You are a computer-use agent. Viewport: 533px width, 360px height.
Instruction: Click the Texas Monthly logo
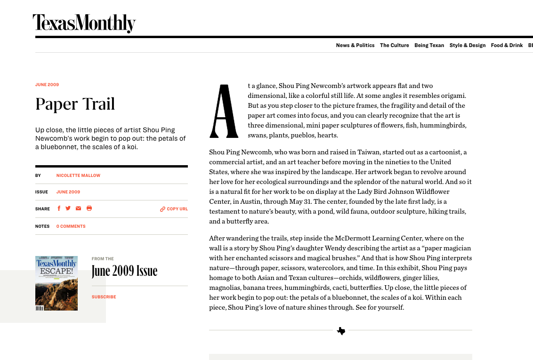coord(84,23)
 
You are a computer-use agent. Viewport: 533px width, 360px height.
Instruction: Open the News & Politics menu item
coord(355,46)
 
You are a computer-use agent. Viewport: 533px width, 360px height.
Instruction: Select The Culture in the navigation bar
coord(394,46)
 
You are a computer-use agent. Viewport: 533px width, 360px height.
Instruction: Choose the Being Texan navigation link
coord(429,46)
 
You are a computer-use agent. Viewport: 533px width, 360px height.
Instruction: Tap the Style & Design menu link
coord(467,46)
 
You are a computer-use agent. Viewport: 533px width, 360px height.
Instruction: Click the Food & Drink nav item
coord(507,46)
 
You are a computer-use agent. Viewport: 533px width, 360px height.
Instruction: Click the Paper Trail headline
coord(75,104)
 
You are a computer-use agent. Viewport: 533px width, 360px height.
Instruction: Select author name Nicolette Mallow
coord(78,176)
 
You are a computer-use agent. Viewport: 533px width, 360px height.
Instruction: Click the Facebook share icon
coord(59,208)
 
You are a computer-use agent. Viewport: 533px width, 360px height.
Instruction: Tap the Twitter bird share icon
coord(68,208)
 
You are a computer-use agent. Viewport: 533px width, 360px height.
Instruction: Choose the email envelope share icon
coord(79,208)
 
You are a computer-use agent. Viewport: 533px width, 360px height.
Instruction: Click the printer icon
coord(89,208)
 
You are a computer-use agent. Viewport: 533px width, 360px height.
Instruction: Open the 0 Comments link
coord(71,226)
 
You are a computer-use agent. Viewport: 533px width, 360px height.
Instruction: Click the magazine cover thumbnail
coord(57,283)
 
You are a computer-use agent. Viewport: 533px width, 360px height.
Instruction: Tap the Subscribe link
coord(104,297)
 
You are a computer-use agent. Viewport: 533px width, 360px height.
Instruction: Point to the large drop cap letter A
coord(224,112)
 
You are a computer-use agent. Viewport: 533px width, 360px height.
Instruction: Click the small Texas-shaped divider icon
coord(341,331)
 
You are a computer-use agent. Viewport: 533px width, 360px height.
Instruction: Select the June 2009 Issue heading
coord(124,271)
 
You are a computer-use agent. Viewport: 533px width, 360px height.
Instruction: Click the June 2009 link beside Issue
coord(68,192)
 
